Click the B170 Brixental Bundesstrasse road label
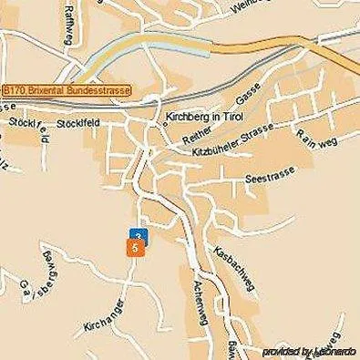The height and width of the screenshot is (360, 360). [x=67, y=91]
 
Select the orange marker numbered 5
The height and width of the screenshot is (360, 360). [x=135, y=247]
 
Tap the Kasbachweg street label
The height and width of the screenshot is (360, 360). [x=232, y=266]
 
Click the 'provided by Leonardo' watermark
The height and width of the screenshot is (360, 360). [x=309, y=351]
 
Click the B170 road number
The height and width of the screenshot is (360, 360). [x=15, y=91]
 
